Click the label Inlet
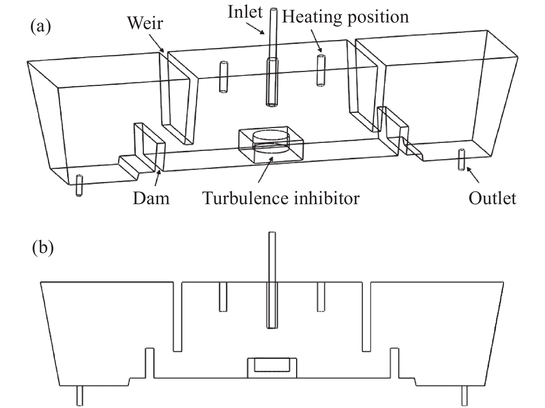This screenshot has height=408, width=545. (245, 12)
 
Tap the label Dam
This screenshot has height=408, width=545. (151, 199)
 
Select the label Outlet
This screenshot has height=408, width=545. (492, 199)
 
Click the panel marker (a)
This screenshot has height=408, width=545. (41, 27)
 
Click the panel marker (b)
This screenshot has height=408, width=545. (43, 248)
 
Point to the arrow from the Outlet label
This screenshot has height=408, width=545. (473, 175)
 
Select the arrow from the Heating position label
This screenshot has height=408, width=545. (317, 40)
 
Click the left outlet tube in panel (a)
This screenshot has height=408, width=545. (79, 185)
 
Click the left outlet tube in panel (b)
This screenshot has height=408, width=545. (80, 396)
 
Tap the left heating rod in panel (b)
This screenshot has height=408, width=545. (223, 297)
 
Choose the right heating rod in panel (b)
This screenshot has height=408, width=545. (321, 297)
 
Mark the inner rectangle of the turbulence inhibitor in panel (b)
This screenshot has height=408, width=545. (272, 365)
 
